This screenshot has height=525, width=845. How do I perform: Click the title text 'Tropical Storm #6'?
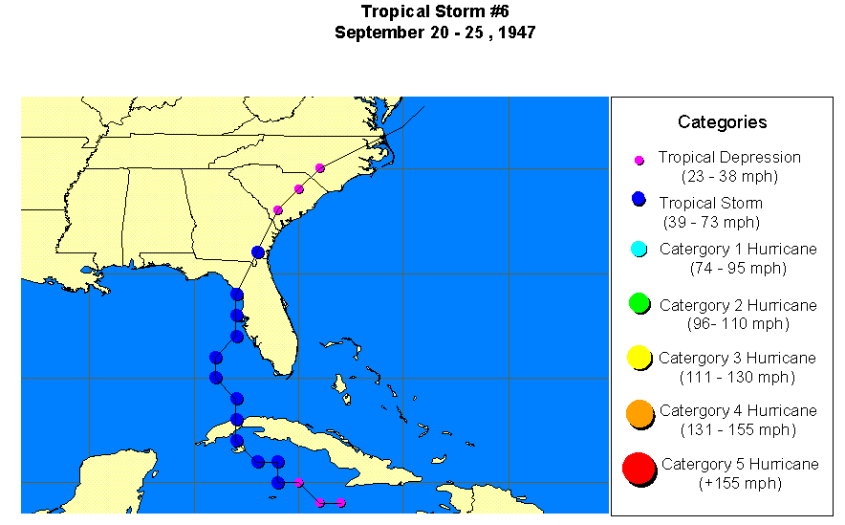click(434, 11)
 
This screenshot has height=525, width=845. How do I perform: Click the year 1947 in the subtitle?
click(515, 33)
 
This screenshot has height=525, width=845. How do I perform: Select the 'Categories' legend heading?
click(722, 121)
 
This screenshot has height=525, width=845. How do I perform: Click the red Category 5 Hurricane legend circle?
click(639, 470)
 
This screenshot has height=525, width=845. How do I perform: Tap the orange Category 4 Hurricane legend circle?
click(640, 413)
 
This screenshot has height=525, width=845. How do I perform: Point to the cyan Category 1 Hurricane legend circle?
click(639, 250)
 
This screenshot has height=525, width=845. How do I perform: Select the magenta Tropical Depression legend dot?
click(639, 161)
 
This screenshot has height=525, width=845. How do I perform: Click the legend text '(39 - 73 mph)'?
click(711, 222)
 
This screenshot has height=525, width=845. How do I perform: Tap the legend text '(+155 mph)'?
click(739, 483)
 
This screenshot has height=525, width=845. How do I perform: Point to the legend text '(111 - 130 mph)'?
click(737, 377)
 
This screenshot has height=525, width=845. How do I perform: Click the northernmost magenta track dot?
click(319, 168)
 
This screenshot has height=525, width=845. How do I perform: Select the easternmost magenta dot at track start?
click(341, 503)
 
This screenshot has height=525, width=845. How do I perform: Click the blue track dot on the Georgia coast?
click(257, 252)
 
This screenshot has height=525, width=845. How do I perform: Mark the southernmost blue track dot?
click(277, 482)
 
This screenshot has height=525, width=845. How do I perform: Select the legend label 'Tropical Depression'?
click(729, 157)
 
